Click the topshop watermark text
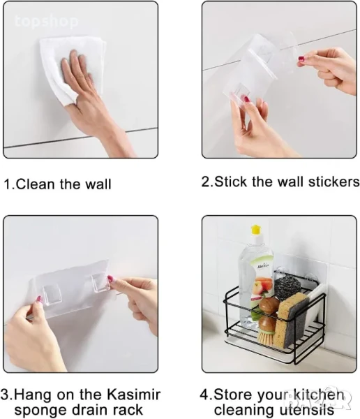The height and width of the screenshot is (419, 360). tap(47, 22)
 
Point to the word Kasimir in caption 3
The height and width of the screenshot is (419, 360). tap(133, 394)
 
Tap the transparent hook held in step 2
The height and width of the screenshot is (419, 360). tap(238, 93)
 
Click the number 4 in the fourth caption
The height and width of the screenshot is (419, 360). tap(204, 395)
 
